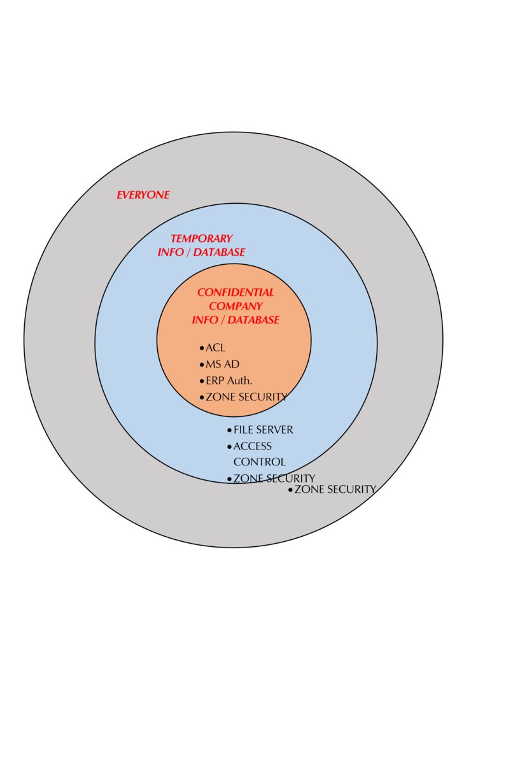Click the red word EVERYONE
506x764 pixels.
tap(143, 195)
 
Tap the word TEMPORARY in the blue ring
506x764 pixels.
tap(201, 239)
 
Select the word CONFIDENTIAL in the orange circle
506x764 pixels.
tap(235, 292)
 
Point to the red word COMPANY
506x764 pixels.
tap(235, 306)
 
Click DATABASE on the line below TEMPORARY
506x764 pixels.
tap(219, 252)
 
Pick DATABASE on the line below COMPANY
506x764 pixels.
tap(253, 320)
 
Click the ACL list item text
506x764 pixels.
tap(215, 348)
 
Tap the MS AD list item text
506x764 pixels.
tap(222, 365)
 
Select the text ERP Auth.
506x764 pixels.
tap(229, 381)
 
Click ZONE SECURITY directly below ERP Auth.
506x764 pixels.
tap(246, 397)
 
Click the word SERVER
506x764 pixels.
tap(274, 430)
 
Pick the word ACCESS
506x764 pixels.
tap(252, 446)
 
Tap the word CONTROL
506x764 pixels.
tap(259, 462)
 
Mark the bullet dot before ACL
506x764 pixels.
tap(202, 349)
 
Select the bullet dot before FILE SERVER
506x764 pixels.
tap(229, 431)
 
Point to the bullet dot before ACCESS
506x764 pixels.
tap(229, 447)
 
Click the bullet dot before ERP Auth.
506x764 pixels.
tap(202, 381)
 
